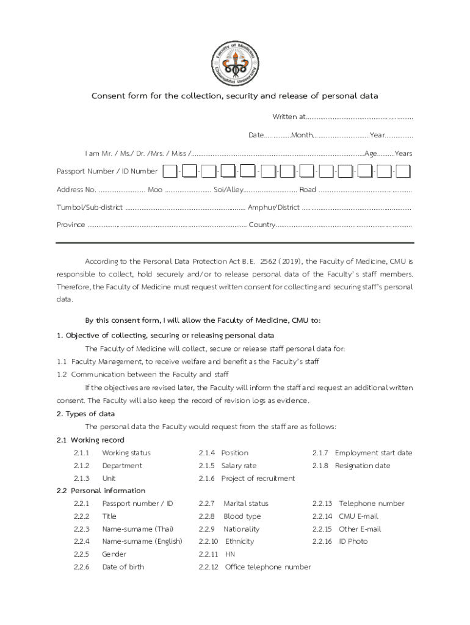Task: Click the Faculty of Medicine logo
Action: [x=234, y=60]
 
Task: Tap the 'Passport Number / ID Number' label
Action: [x=107, y=172]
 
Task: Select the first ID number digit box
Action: [x=171, y=172]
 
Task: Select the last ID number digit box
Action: [x=403, y=172]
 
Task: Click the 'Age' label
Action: [x=370, y=153]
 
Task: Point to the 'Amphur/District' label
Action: [x=273, y=208]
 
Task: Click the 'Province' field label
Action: [x=71, y=225]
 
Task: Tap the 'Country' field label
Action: [x=262, y=225]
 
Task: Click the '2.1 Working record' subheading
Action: [x=90, y=440]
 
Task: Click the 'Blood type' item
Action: [x=242, y=516]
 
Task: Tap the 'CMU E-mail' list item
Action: [x=359, y=516]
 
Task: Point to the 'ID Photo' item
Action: [x=353, y=541]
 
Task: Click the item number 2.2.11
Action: [x=208, y=554]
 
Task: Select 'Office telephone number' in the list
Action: [x=267, y=567]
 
